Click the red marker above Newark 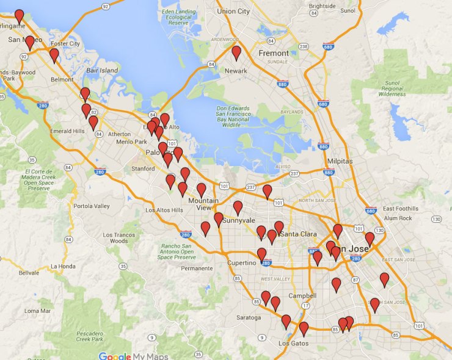(x=236, y=53)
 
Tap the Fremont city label (x=273, y=53)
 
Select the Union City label (x=233, y=11)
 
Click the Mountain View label (x=203, y=204)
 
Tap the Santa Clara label (x=299, y=234)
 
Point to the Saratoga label (x=249, y=317)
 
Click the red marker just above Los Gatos (x=304, y=329)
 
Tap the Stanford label (x=143, y=168)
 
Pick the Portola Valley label (x=91, y=206)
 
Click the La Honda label (x=62, y=266)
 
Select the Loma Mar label (x=38, y=311)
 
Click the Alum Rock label (x=398, y=218)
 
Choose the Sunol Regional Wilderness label (x=392, y=88)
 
